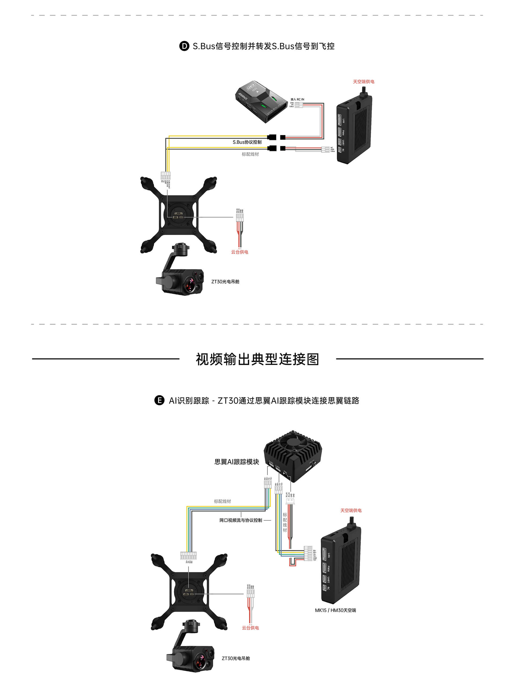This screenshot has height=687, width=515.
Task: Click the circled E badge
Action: pos(159,400)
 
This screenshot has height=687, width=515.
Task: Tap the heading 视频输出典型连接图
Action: pos(257,359)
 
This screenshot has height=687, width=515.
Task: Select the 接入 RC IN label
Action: pos(297,99)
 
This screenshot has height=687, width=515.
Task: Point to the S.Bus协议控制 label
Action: pos(247,142)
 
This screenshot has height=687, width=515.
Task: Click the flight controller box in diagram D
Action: pos(261,101)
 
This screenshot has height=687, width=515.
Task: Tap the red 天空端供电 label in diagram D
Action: pos(363,82)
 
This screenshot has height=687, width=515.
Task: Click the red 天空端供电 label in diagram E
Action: pos(351,510)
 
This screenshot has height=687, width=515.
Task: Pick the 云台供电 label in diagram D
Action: pos(239,252)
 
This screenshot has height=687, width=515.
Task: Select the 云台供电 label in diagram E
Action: pos(250,628)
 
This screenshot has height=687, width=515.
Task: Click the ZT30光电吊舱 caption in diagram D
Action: pos(225,281)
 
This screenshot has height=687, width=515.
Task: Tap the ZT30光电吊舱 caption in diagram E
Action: pos(236,658)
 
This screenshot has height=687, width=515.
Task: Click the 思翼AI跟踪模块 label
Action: pos(237,462)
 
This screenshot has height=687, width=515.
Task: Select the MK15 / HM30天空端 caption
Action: pos(335,610)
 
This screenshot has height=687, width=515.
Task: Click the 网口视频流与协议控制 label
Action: pos(241,520)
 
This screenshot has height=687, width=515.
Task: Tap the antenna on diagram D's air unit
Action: pos(363,92)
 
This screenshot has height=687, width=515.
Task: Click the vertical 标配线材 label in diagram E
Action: pos(285,522)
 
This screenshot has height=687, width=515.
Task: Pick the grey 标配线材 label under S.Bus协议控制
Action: pos(250,154)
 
